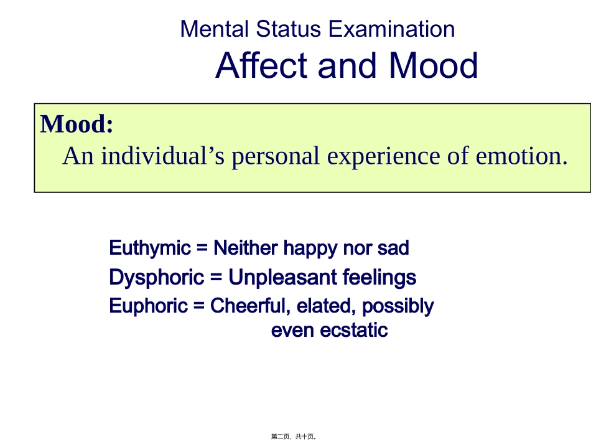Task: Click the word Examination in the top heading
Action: coord(391,29)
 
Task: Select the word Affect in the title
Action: coord(262,65)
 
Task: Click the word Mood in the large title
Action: coord(434,65)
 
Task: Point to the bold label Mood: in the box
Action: coord(77,125)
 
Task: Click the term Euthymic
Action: coord(150,248)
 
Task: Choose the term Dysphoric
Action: coord(156,277)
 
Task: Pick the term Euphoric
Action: coord(148,306)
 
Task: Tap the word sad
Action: coord(393,248)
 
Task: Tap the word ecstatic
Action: coord(354,330)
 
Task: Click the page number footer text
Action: coord(295,437)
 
